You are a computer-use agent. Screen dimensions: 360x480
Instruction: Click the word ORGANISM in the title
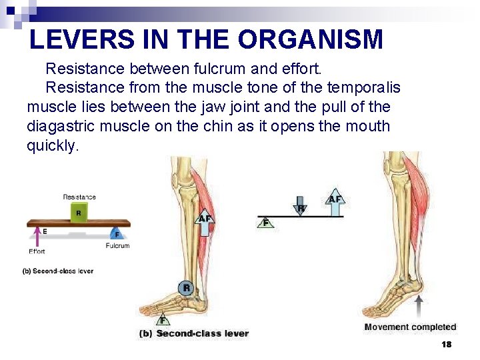coord(310,40)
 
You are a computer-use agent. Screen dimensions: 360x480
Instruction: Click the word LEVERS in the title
coord(73,40)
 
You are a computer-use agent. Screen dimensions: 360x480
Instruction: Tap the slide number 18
coord(447,345)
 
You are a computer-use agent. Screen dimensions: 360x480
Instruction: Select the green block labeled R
coord(79,213)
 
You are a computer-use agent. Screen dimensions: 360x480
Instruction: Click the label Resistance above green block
coord(79,197)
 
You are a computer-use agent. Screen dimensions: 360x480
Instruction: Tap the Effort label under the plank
coord(37,251)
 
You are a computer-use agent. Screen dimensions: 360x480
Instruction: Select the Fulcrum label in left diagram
coord(117,246)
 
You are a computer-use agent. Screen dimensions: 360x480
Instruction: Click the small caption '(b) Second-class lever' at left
coord(58,271)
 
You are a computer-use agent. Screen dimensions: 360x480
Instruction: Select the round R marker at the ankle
coord(187,288)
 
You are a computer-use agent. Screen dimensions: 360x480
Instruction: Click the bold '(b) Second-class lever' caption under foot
coord(194,333)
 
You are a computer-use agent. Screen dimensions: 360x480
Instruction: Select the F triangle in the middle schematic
coord(266,223)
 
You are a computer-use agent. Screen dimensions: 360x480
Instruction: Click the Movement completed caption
coord(410,327)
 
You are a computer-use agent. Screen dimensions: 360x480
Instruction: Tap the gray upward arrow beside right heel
coord(419,307)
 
